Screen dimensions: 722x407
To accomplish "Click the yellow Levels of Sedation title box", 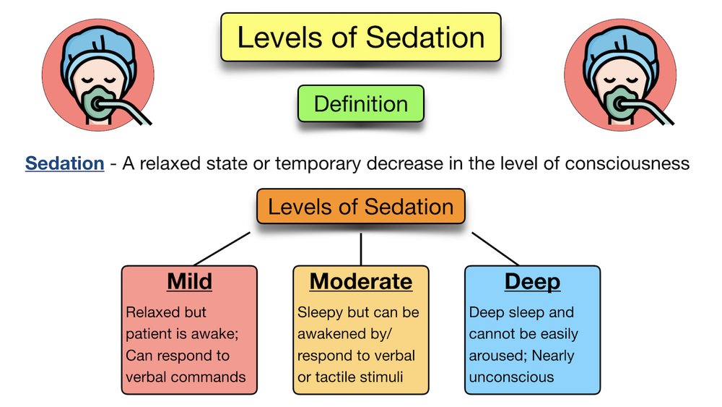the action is pyautogui.click(x=360, y=37).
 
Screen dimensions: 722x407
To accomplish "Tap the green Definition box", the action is pyautogui.click(x=360, y=103).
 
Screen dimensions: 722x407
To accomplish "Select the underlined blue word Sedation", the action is pyautogui.click(x=64, y=163).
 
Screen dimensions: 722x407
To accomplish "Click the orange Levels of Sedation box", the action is pyautogui.click(x=360, y=207).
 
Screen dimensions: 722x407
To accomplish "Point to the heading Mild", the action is pyautogui.click(x=189, y=281).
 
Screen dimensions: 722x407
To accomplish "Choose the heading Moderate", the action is pyautogui.click(x=360, y=281).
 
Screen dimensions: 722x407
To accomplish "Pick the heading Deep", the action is pyautogui.click(x=532, y=281).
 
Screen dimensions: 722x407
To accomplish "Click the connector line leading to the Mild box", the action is pyautogui.click(x=222, y=248).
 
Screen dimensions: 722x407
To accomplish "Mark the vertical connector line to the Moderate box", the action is pyautogui.click(x=361, y=248).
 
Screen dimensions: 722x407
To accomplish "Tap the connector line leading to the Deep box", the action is pyautogui.click(x=495, y=248).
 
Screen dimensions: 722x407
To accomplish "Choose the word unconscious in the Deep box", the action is pyautogui.click(x=511, y=377).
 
